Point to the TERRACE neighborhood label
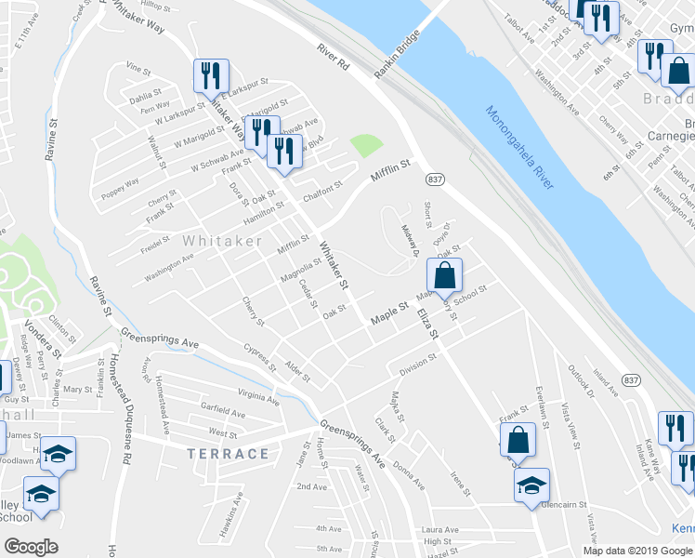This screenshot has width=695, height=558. point(228,454)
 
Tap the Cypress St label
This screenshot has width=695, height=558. point(258,359)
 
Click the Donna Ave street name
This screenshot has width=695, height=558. point(408,474)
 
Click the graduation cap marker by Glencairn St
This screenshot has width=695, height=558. point(531,485)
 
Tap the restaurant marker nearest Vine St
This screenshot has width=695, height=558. point(209,75)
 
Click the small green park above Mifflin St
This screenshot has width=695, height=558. point(366,146)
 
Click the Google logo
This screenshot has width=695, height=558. point(31,547)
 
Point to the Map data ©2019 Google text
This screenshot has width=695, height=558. point(636,550)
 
